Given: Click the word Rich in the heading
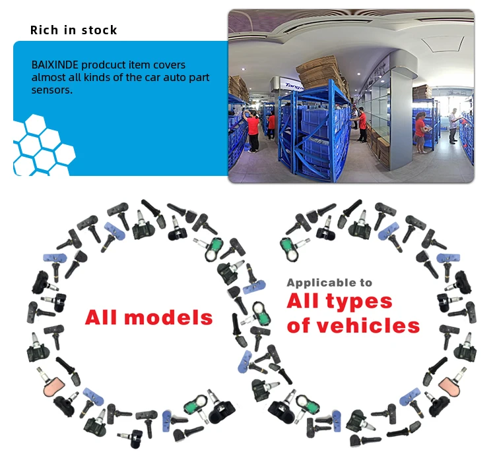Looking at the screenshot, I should coord(44,30).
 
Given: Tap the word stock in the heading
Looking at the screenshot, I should coord(98,30).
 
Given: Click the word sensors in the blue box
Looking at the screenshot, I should coord(51,90).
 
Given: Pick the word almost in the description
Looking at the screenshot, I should coord(48,78).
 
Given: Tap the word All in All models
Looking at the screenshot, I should coord(102,318).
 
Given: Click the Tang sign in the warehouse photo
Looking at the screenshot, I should coord(293,85).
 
